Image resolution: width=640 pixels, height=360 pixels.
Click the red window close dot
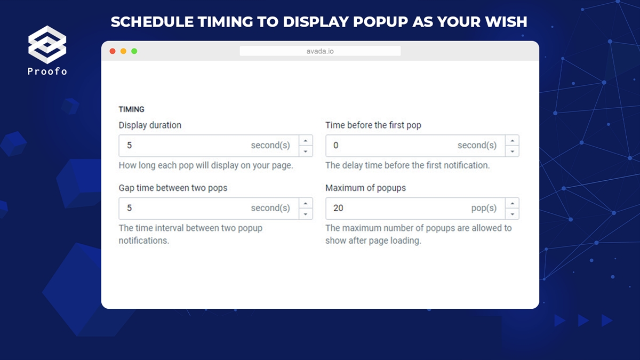113,51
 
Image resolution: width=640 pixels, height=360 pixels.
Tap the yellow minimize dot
123,51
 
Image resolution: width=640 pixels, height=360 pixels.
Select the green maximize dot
134,51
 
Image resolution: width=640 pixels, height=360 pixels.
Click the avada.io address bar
320,51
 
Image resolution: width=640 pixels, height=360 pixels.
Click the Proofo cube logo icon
47,45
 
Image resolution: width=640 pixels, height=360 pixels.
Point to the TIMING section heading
131,109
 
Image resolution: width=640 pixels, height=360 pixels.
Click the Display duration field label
150,125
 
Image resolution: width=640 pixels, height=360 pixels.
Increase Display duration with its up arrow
306,141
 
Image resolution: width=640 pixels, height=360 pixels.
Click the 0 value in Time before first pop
335,146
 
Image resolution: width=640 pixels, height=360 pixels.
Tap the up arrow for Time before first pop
513,141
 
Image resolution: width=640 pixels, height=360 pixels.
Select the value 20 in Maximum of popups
338,208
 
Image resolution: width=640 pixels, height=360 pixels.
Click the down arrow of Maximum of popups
513,214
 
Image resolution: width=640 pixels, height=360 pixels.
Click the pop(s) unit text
484,209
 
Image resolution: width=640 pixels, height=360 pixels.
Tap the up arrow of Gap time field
306,203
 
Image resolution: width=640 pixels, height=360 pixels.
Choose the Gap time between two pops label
173,188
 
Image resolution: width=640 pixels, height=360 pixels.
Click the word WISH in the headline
506,22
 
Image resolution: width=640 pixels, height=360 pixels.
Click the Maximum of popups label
365,188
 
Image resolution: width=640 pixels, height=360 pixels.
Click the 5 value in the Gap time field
129,208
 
